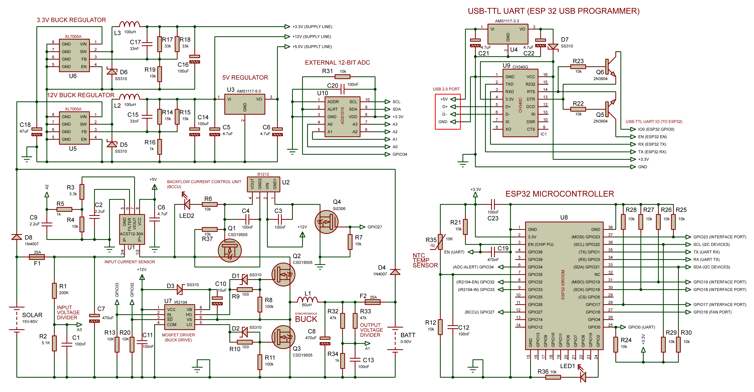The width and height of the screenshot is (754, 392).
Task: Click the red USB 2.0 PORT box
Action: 448,112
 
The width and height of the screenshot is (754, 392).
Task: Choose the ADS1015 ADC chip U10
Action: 342,116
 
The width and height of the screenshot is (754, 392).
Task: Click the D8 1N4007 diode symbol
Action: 17,237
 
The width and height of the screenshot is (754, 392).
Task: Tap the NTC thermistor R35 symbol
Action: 440,242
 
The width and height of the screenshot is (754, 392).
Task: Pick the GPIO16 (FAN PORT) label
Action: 712,312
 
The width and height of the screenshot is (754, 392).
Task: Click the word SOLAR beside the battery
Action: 32,315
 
